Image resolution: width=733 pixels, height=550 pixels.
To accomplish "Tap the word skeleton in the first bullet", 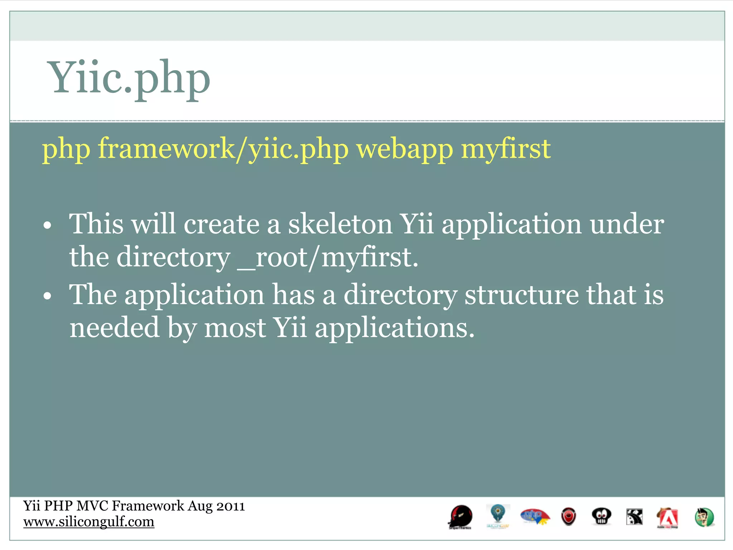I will coord(340,225).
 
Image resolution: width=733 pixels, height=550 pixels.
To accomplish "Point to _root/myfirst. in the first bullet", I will coord(327,258).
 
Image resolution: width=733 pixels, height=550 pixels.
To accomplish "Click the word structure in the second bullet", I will coord(521,295).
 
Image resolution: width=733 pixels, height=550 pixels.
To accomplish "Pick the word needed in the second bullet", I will coord(114,328).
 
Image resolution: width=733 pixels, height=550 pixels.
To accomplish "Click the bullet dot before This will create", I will coord(47,226).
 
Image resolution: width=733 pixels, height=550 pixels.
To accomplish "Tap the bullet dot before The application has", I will coord(47,297).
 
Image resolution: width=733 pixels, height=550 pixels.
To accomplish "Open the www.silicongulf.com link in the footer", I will coord(89,522).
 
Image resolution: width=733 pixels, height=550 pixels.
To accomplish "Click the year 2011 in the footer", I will coord(231,506).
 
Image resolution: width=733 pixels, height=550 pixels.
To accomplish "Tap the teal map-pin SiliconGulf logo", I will coord(498,516).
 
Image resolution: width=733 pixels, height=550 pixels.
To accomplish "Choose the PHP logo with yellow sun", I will coord(535,517).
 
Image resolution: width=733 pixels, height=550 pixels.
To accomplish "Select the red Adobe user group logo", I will coord(668,518).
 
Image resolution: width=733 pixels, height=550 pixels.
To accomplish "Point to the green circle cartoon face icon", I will coord(704,517).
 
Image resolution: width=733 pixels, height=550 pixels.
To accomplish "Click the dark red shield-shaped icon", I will coord(568,517).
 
